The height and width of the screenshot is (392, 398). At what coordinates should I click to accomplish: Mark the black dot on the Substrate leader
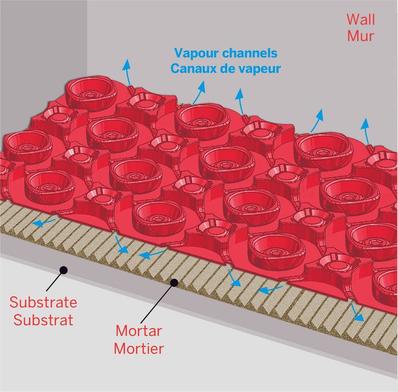click(63, 269)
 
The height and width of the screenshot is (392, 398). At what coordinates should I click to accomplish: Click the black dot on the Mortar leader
click(175, 283)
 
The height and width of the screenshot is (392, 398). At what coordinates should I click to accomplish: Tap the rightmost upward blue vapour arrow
click(366, 129)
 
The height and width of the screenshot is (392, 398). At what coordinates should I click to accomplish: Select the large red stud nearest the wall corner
click(91, 93)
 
